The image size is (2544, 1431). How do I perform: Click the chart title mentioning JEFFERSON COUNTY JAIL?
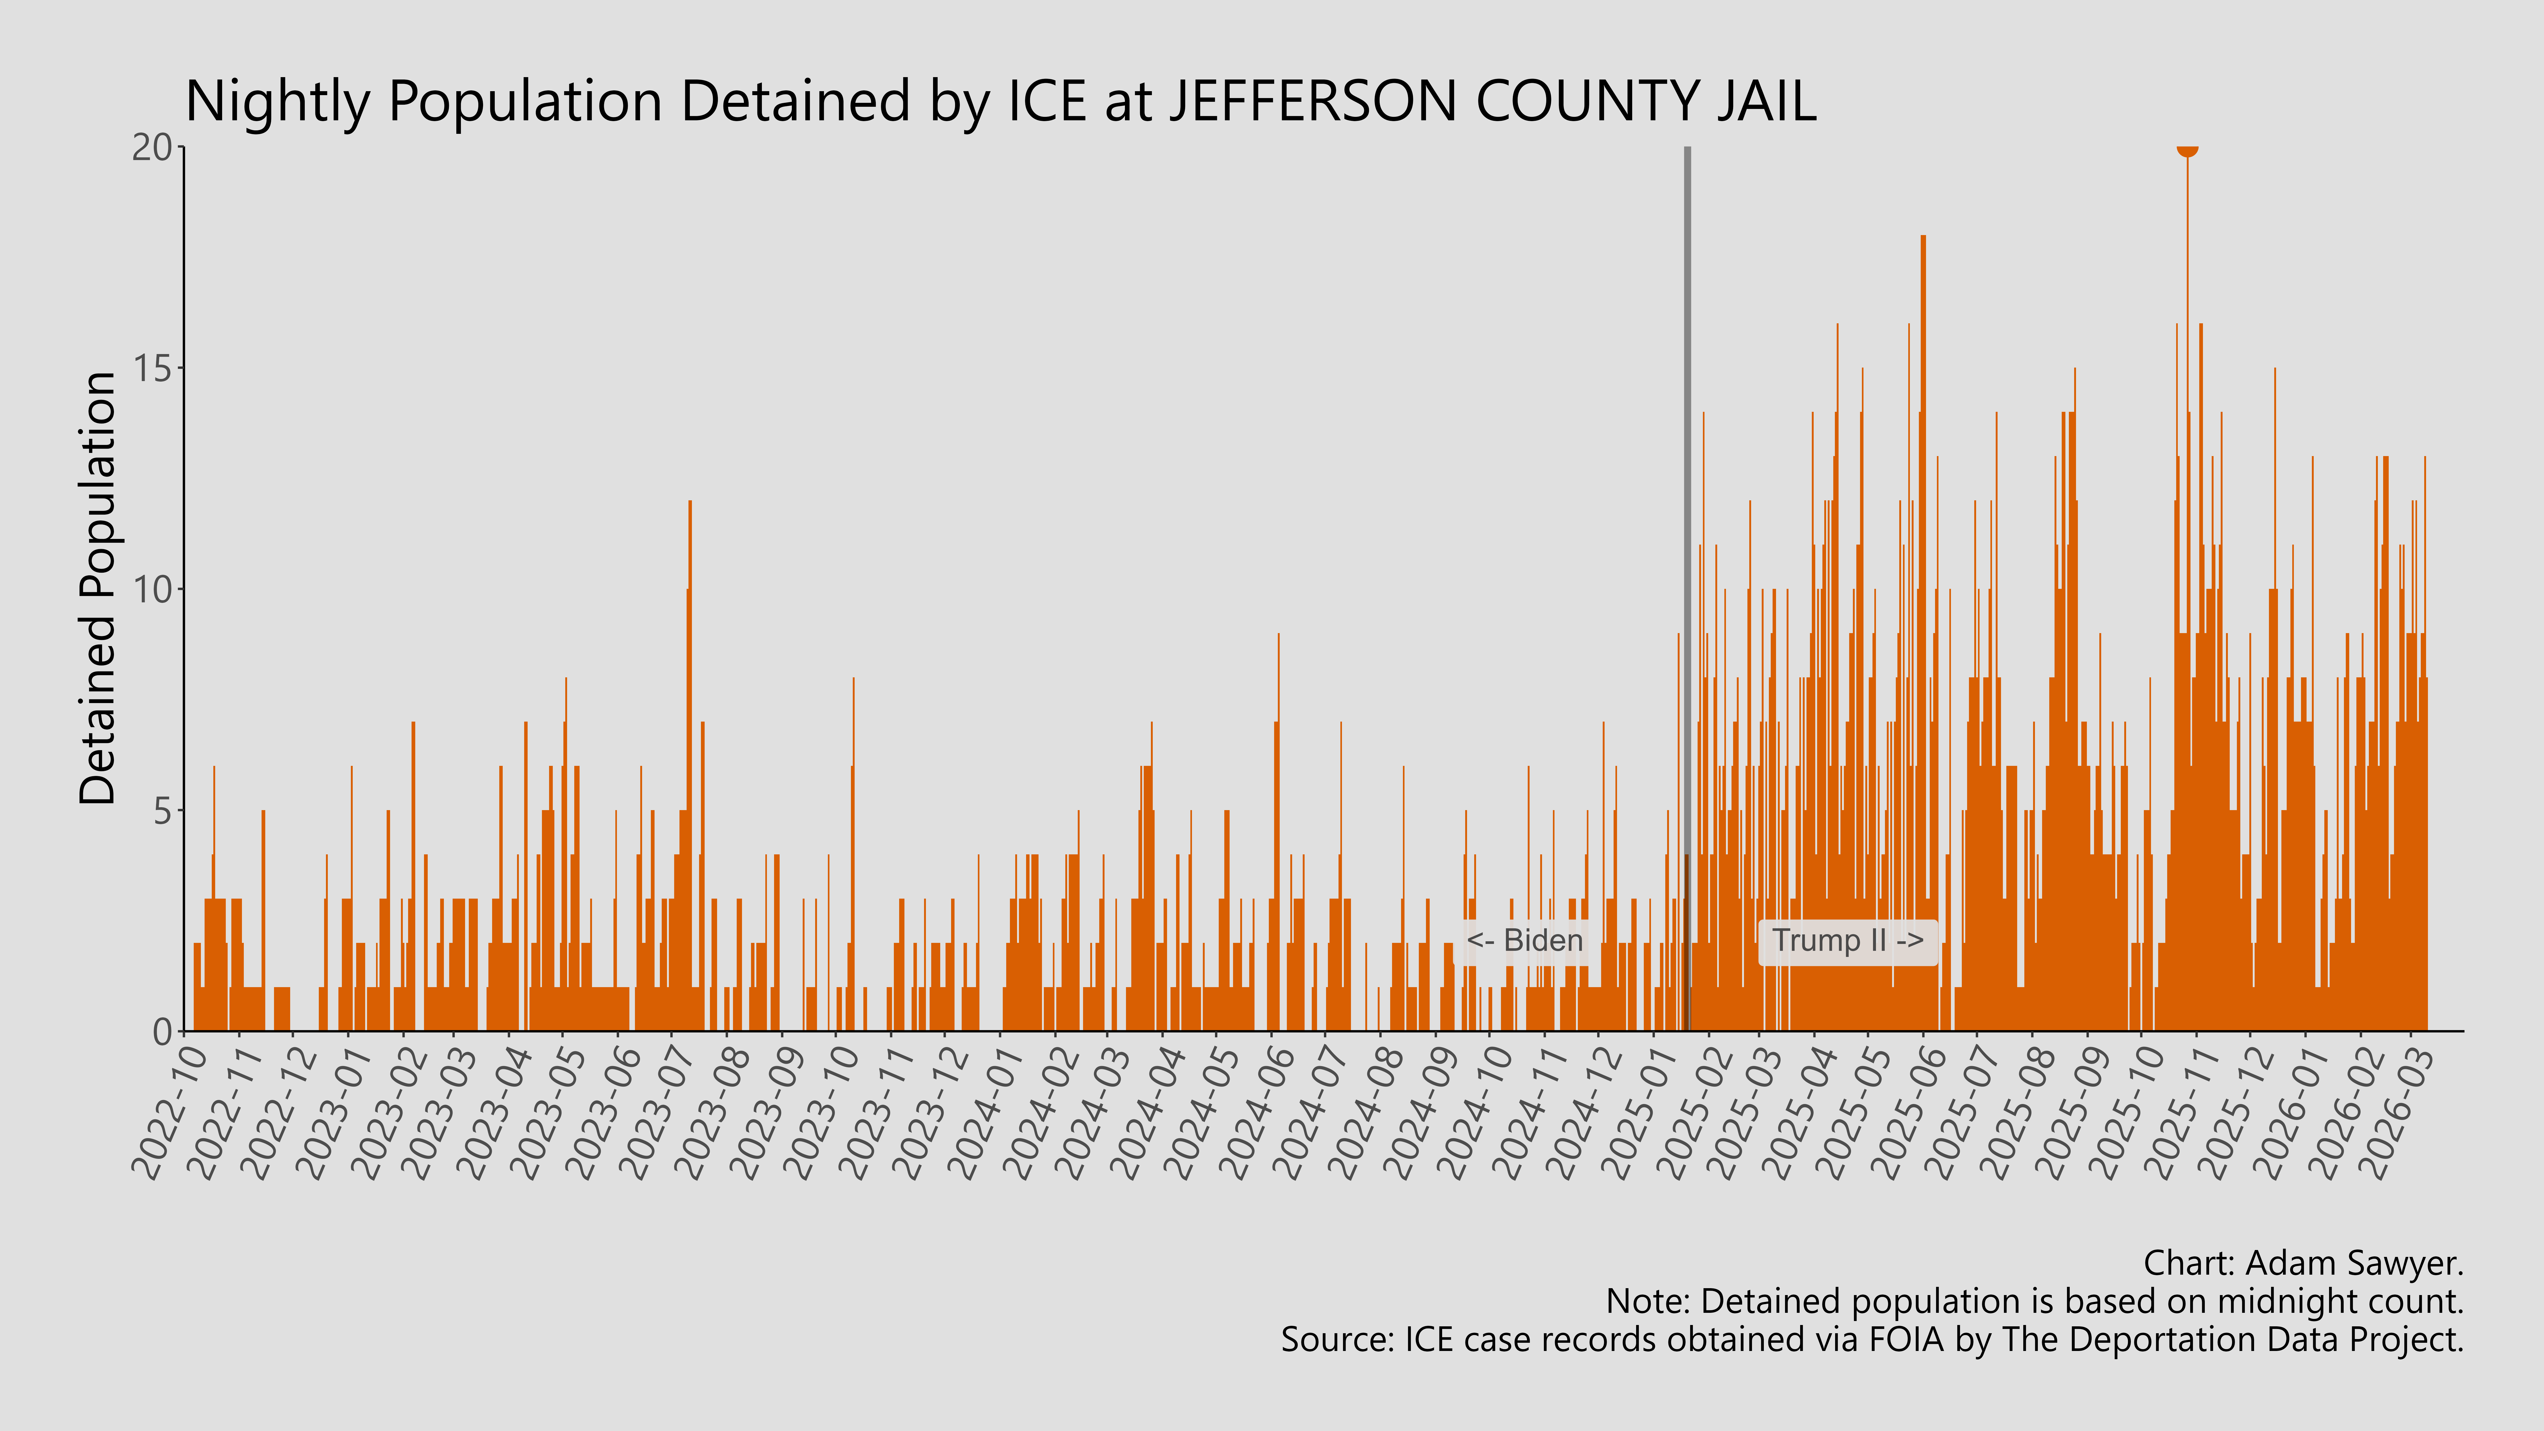pos(1000,102)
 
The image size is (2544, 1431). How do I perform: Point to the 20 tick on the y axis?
pos(153,148)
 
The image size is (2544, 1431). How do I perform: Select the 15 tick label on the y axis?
pos(153,369)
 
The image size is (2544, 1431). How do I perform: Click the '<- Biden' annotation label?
pos(1524,940)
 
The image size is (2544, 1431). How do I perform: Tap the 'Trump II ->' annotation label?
pos(1847,940)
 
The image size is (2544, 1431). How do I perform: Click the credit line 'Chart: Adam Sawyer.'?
pos(2303,1263)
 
